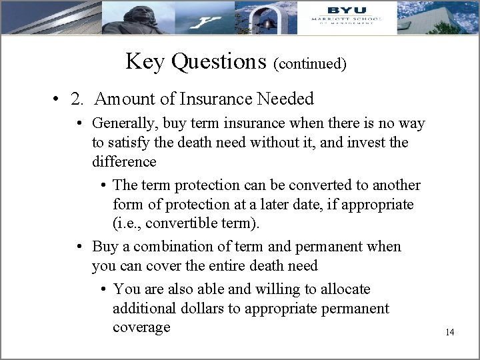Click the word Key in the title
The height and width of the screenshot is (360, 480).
[144, 62]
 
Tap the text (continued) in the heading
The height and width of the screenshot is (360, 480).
[310, 64]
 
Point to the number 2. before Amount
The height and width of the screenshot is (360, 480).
[78, 99]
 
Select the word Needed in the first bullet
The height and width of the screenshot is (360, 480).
[287, 99]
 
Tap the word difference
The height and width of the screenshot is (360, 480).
[124, 162]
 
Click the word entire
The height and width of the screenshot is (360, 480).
[237, 266]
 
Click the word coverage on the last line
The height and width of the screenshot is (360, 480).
[141, 328]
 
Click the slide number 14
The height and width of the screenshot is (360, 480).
[449, 332]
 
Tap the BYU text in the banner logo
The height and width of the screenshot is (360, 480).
[346, 10]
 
